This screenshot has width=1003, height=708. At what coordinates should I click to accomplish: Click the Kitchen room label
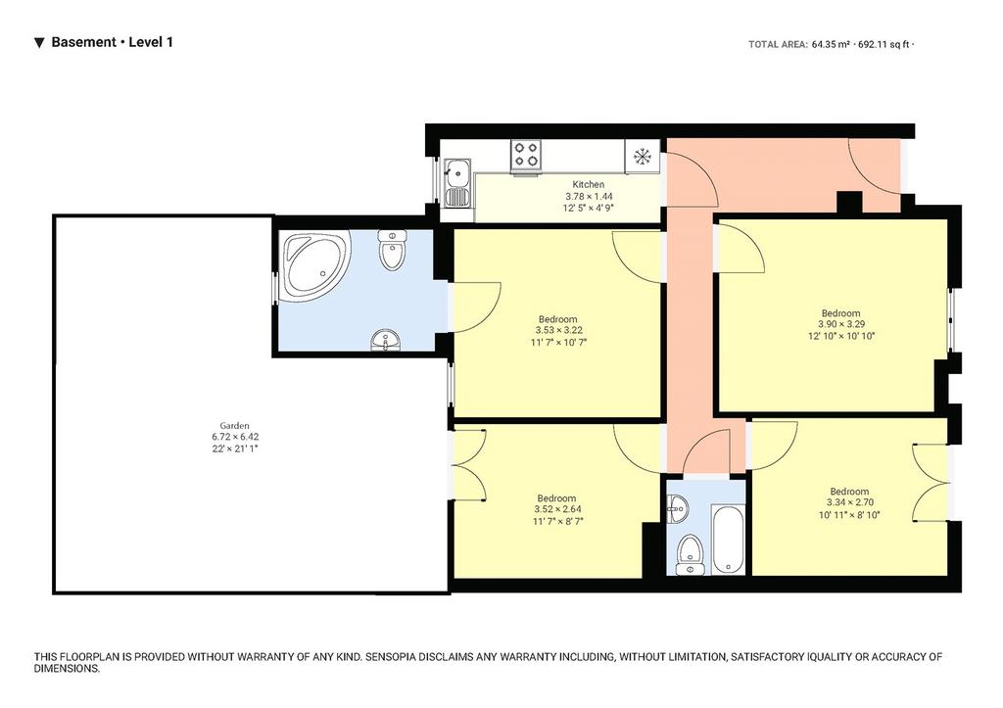pyautogui.click(x=588, y=184)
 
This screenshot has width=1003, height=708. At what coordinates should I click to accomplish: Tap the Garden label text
pyautogui.click(x=235, y=425)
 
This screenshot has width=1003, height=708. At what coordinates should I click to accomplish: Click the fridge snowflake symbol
pyautogui.click(x=642, y=156)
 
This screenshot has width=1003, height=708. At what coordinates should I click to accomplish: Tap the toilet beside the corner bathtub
pyautogui.click(x=392, y=250)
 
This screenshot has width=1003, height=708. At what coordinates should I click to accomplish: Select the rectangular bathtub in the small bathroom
pyautogui.click(x=728, y=539)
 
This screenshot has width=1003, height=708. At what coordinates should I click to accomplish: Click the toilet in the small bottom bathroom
pyautogui.click(x=690, y=554)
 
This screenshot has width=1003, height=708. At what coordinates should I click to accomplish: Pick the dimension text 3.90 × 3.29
pyautogui.click(x=841, y=324)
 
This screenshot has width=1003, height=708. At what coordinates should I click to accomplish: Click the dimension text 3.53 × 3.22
pyautogui.click(x=558, y=330)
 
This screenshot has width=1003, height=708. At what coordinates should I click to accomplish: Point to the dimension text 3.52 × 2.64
pyautogui.click(x=557, y=510)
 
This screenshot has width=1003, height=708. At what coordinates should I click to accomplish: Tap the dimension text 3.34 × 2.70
pyautogui.click(x=850, y=502)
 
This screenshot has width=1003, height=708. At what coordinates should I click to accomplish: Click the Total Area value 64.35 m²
pyautogui.click(x=831, y=45)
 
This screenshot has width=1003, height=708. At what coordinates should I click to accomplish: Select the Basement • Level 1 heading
pyautogui.click(x=112, y=42)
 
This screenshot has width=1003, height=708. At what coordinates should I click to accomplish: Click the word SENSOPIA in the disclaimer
pyautogui.click(x=392, y=657)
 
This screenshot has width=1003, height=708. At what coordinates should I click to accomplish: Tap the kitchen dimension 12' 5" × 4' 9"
pyautogui.click(x=589, y=208)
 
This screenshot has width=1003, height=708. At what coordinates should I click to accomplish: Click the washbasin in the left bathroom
pyautogui.click(x=385, y=340)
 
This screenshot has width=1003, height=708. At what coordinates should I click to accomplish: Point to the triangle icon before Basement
pyautogui.click(x=39, y=43)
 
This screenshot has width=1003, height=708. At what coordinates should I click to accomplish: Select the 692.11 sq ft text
pyautogui.click(x=884, y=45)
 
